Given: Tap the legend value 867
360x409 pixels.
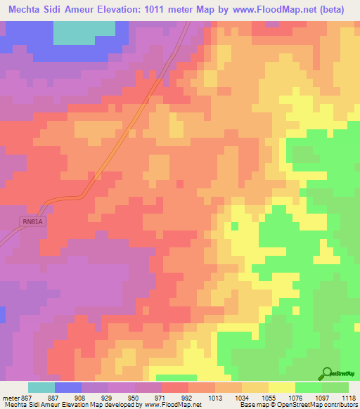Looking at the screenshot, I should click(26, 397).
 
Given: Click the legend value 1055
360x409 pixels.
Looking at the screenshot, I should click(269, 397).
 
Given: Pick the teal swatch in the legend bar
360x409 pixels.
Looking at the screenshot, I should click(41, 387).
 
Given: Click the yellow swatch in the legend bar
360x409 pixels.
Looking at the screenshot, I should click(282, 387).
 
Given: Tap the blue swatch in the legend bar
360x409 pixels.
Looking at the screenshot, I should click(68, 387).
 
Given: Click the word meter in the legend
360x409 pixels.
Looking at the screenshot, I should click(10, 397).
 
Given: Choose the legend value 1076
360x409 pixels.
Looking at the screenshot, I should click(295, 397).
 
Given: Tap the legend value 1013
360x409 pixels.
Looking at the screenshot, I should click(215, 397).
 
